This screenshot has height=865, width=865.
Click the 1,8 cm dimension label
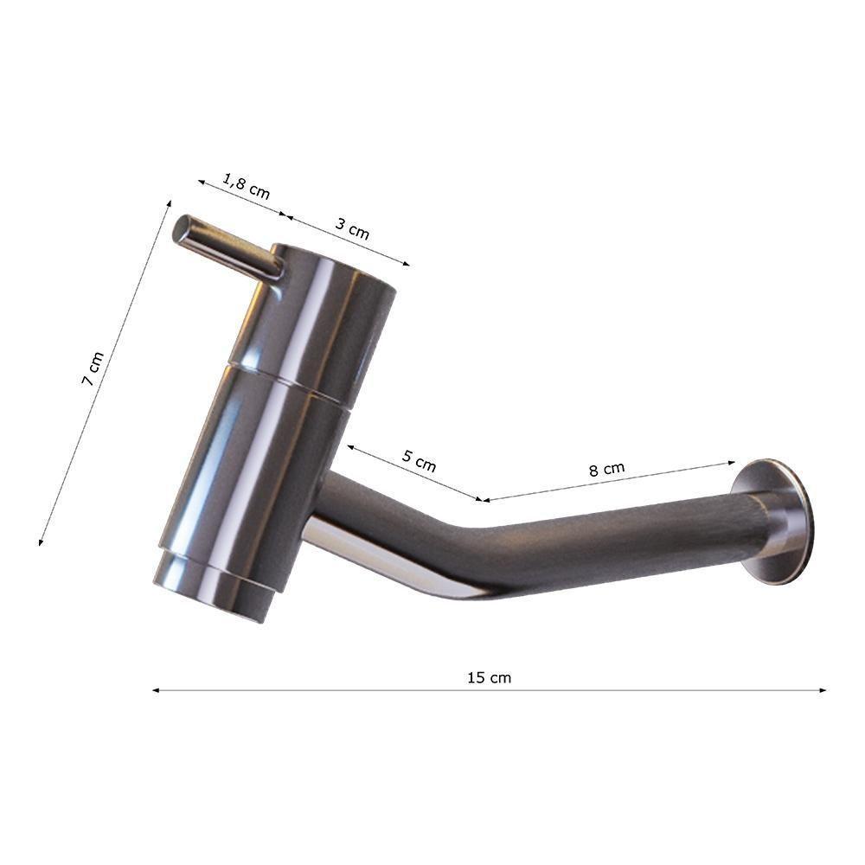tap(246, 185)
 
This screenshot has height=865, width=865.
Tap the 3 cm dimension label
tap(352, 227)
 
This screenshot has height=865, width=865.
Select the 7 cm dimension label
tap(93, 368)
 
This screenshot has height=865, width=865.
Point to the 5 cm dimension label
tap(419, 461)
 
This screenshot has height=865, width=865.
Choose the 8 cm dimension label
tap(607, 469)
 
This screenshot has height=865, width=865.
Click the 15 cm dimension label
tap(490, 677)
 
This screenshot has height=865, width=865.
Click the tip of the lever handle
tap(182, 228)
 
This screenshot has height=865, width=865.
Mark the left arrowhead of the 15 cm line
tap(156, 690)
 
